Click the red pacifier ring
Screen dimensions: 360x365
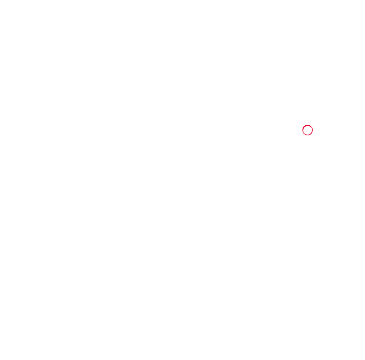[x=308, y=131]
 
